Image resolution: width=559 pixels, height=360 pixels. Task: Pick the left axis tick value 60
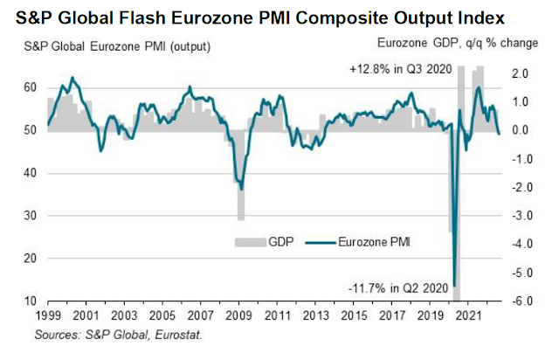29,87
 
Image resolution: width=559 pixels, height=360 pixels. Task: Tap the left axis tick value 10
29,301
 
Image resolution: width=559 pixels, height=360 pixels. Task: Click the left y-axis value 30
29,216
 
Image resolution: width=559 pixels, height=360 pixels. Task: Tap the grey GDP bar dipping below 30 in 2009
240,214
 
